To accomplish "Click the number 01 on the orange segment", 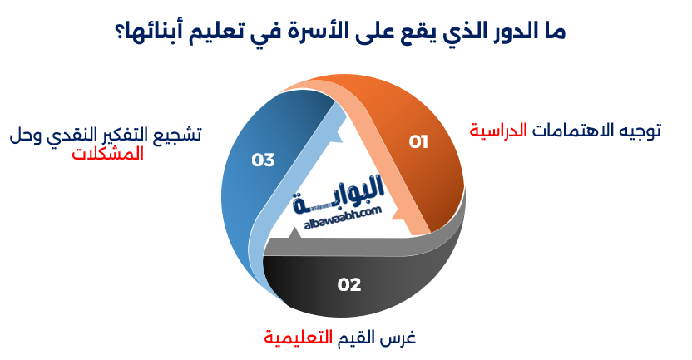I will pyautogui.click(x=418, y=142).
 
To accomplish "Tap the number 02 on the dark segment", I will pyautogui.click(x=349, y=284).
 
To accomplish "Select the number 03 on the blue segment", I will pyautogui.click(x=263, y=160).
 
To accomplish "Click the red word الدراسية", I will pyautogui.click(x=499, y=131).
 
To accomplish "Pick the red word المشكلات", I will pyautogui.click(x=107, y=153).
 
